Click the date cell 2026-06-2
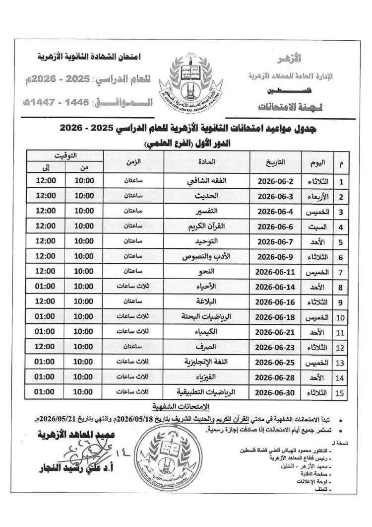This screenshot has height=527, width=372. (277, 182)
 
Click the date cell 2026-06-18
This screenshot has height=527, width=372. (277, 316)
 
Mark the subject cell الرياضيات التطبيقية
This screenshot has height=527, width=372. (207, 392)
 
